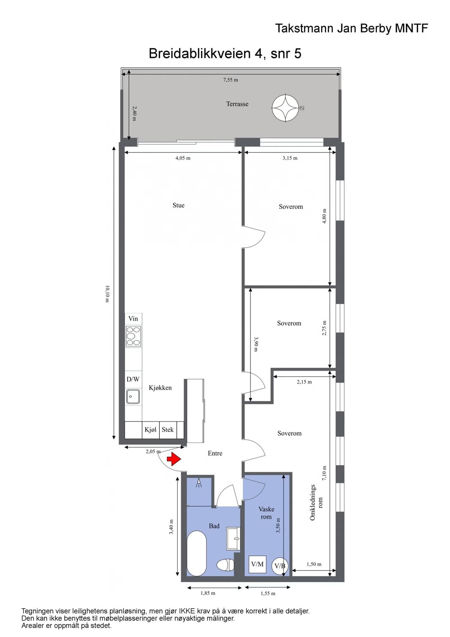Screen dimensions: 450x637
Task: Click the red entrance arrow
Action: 174,459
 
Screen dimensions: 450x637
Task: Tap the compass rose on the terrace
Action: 285,108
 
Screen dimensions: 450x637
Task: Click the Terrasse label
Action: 237,104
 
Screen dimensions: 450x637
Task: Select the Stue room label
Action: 178,205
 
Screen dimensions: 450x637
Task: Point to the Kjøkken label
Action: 160,388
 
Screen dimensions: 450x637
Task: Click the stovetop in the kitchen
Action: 133,336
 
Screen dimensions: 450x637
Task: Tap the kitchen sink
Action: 133,397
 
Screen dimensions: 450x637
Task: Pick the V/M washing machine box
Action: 257,564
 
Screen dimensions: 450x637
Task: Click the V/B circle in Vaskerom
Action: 280,565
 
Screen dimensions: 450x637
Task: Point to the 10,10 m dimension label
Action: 107,294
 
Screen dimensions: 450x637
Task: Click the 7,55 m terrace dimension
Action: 231,80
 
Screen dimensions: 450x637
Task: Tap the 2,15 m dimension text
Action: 304,382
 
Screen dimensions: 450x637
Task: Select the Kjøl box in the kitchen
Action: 151,430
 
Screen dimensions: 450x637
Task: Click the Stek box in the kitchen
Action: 168,430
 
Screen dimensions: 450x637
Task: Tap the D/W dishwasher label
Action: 133,379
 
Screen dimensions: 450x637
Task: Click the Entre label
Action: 215,453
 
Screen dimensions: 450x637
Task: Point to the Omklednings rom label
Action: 316,502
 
